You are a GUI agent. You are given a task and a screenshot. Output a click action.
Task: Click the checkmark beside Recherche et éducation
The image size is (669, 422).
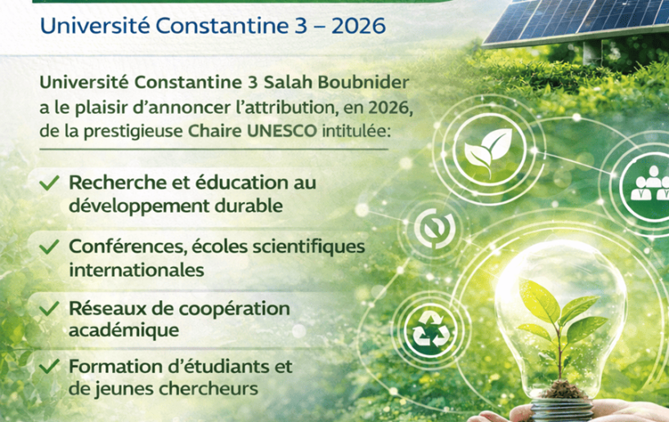(49, 183)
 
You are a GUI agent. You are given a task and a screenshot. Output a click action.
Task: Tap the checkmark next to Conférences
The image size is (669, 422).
(49, 247)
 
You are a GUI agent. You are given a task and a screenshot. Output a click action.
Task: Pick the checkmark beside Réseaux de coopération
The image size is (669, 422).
(49, 308)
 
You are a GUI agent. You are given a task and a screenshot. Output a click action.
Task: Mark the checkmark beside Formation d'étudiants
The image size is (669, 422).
(49, 366)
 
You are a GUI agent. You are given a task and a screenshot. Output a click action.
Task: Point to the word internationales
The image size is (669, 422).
(137, 270)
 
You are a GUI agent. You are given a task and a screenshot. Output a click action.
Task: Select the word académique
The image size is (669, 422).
(123, 330)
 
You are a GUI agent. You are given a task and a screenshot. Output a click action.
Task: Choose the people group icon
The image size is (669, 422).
(650, 183)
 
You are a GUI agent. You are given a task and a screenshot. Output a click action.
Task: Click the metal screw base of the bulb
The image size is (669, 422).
(562, 409)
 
